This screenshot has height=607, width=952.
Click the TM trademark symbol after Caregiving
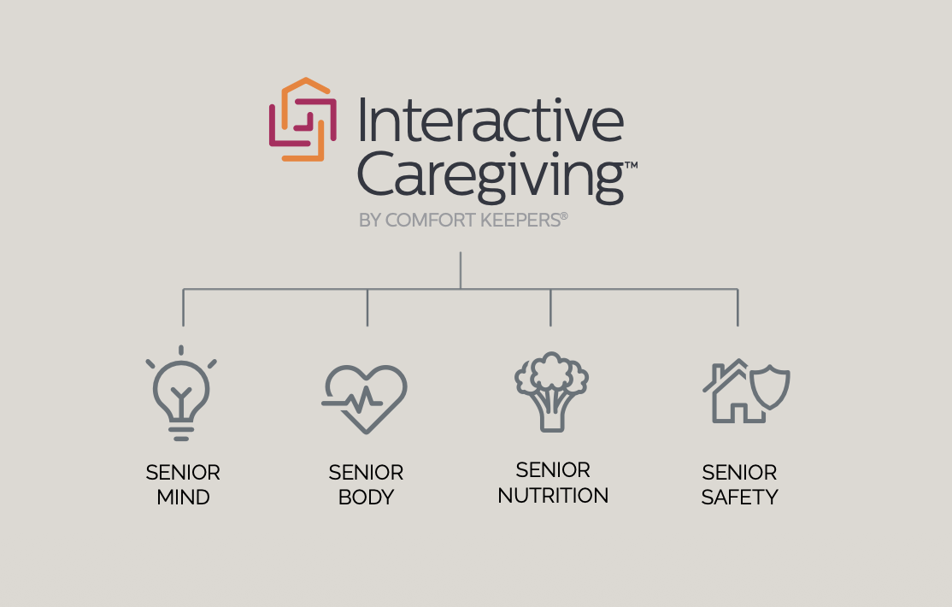click(x=631, y=164)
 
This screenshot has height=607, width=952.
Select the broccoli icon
click(x=552, y=392)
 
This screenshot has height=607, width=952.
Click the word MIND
click(x=183, y=497)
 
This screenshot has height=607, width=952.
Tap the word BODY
click(x=366, y=497)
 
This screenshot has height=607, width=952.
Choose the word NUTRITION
click(x=553, y=495)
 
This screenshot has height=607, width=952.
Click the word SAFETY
click(x=739, y=497)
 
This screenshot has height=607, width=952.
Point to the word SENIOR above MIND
click(x=183, y=472)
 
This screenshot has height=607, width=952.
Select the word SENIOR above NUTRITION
click(x=553, y=470)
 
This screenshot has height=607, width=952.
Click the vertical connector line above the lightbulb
click(x=183, y=308)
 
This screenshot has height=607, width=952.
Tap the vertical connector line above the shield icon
click(x=738, y=308)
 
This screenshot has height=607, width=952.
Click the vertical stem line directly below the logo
click(x=461, y=269)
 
